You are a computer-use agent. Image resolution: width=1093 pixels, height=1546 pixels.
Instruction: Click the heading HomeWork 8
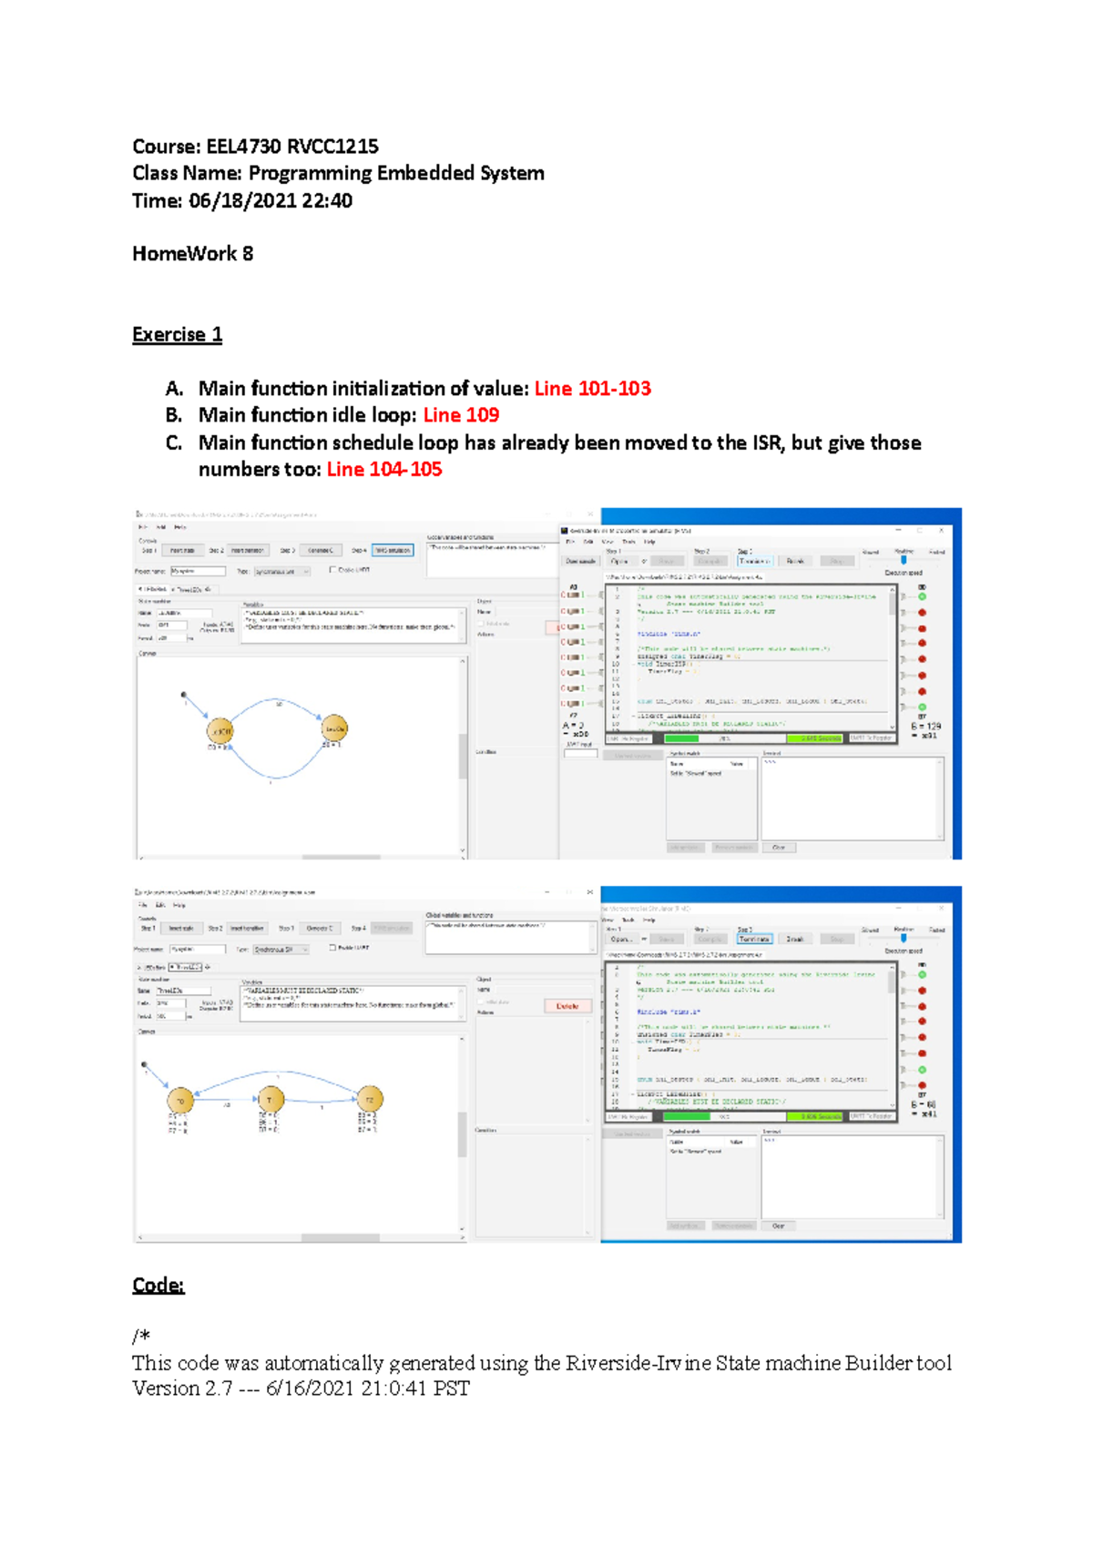click(x=192, y=254)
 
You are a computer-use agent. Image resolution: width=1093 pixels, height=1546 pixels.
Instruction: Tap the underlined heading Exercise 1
click(x=177, y=334)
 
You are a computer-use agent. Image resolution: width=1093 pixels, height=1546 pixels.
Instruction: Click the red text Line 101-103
click(x=592, y=389)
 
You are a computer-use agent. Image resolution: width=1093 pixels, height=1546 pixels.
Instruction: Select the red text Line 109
click(x=461, y=415)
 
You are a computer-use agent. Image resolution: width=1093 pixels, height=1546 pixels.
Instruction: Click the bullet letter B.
click(x=173, y=415)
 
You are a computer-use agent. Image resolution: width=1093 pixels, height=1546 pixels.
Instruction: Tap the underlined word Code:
click(x=158, y=1285)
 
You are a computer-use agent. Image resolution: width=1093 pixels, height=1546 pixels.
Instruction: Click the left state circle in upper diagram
click(x=220, y=730)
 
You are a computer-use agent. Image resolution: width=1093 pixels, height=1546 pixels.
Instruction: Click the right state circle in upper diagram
click(x=335, y=728)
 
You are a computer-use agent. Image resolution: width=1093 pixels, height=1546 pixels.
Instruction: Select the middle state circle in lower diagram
click(x=271, y=1100)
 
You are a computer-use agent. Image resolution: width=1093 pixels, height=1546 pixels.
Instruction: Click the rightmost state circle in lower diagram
click(x=369, y=1099)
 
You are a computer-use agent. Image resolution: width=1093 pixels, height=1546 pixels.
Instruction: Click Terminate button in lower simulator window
click(x=754, y=939)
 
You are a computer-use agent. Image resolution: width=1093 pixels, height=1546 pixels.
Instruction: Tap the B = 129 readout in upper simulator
click(x=926, y=727)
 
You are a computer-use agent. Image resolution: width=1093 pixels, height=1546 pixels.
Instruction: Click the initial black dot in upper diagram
click(x=184, y=695)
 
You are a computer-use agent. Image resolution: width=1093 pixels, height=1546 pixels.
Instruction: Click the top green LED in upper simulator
click(x=922, y=596)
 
